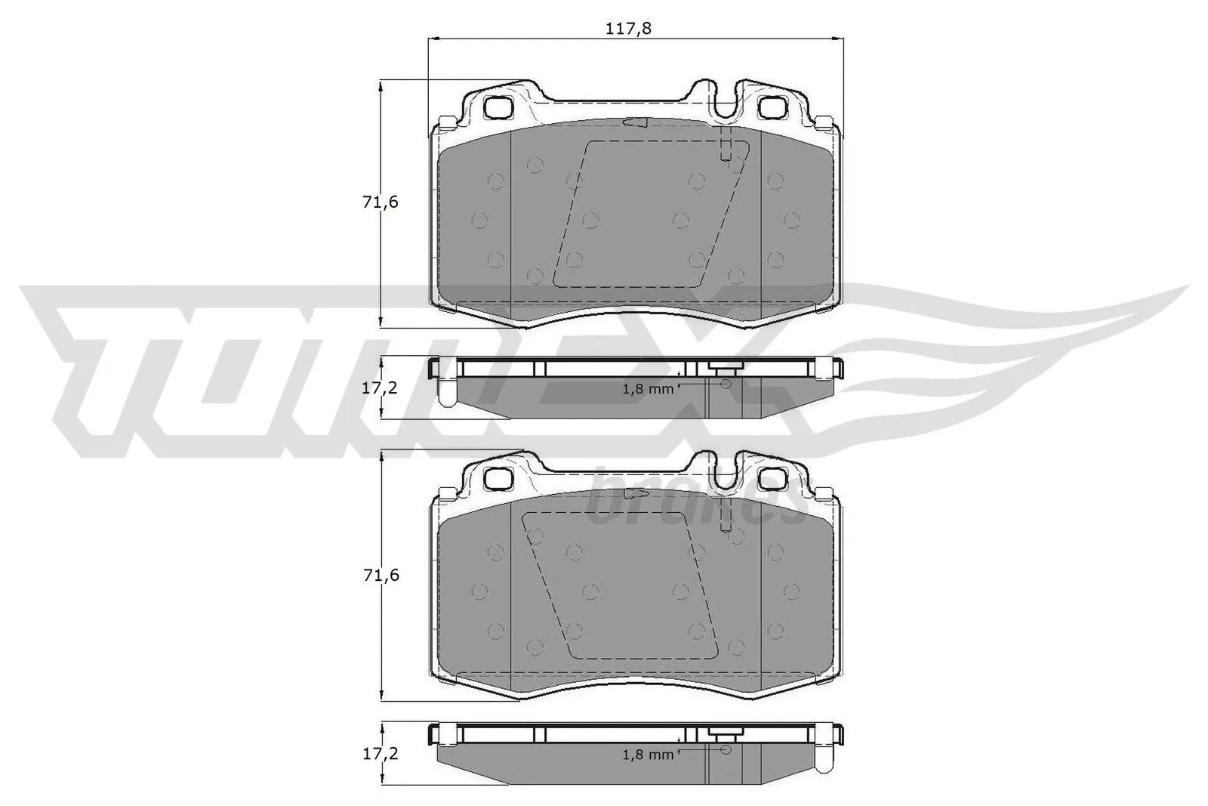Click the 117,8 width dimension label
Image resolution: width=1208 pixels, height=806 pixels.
pos(628,29)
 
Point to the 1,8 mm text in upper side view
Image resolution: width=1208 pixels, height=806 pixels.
pos(647,389)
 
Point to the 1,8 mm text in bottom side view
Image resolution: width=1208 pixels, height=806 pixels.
pos(647,754)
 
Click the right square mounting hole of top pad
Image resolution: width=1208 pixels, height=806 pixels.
pos(772,108)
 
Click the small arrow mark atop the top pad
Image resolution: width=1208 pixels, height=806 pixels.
pos(635,122)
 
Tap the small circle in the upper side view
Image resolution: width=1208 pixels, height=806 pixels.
pos(726,384)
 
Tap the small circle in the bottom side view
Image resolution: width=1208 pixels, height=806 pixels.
pos(726,749)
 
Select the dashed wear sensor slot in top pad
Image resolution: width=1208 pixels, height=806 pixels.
pos(726,147)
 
